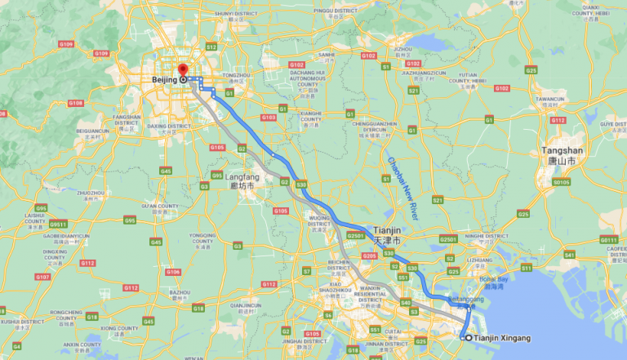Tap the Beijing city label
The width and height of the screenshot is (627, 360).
(x=166, y=80)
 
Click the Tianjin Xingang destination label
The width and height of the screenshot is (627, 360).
(x=502, y=337)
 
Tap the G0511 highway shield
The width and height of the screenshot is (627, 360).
(x=58, y=224)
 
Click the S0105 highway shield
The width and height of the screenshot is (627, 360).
(x=561, y=183)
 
